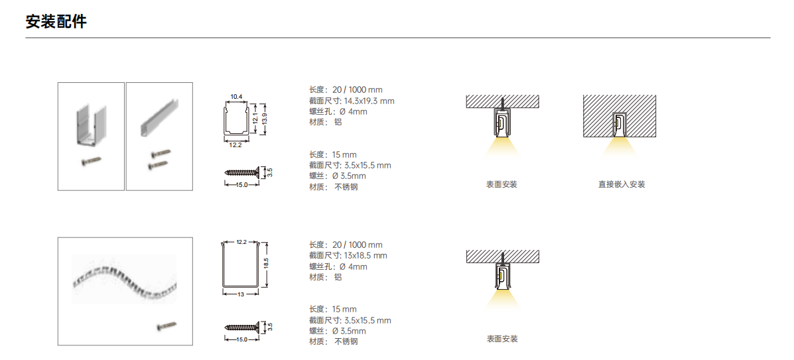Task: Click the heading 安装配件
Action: pyautogui.click(x=56, y=22)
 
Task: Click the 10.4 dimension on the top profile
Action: pyautogui.click(x=236, y=96)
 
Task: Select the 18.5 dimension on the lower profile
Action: pyautogui.click(x=266, y=264)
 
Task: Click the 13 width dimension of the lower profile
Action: pyautogui.click(x=241, y=294)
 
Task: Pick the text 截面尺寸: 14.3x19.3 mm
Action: pyautogui.click(x=352, y=101)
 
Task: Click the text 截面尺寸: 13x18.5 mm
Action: pyautogui.click(x=348, y=256)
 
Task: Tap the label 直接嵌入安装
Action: pyautogui.click(x=622, y=184)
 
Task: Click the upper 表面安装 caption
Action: pyautogui.click(x=502, y=184)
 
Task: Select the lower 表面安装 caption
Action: pyautogui.click(x=502, y=339)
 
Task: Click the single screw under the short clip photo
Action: pyautogui.click(x=91, y=161)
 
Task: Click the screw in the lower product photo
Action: pyautogui.click(x=166, y=326)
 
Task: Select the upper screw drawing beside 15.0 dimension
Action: pyautogui.click(x=245, y=172)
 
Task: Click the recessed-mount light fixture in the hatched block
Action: pyautogui.click(x=619, y=125)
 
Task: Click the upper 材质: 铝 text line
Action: pyautogui.click(x=325, y=122)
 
